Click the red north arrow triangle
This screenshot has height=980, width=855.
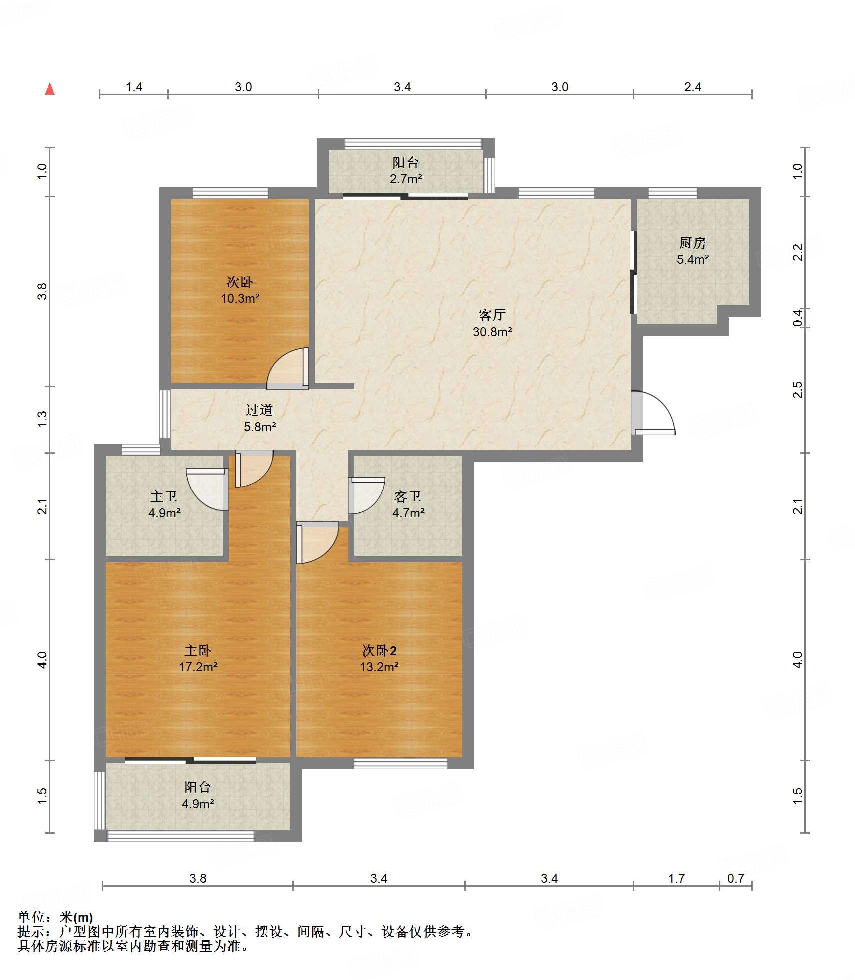point(50,89)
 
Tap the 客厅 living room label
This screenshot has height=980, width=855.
point(492,315)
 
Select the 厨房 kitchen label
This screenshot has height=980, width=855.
point(693,243)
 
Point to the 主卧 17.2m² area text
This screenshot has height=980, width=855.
point(198,667)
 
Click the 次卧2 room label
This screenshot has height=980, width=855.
point(379,650)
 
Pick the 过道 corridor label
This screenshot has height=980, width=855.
point(259,410)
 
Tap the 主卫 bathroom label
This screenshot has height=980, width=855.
point(164,496)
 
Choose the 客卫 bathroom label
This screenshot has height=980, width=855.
point(408,496)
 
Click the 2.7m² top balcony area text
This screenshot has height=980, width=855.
point(406,179)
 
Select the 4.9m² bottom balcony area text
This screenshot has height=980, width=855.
point(198,804)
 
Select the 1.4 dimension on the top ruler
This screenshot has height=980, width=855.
point(134,87)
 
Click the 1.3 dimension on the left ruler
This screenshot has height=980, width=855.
point(42,418)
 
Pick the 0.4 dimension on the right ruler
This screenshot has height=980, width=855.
point(798,318)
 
